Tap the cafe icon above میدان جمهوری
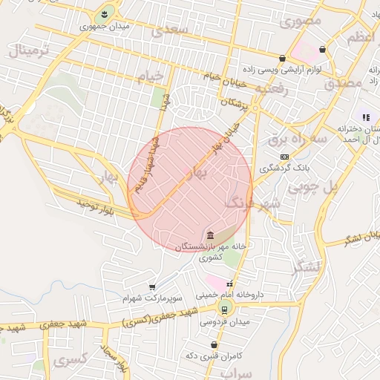pyautogui.click(x=104, y=13)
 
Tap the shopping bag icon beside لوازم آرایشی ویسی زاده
pyautogui.click(x=282, y=58)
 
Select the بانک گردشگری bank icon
pyautogui.click(x=285, y=157)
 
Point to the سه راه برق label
pyautogui.click(x=298, y=139)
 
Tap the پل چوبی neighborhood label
pyautogui.click(x=329, y=186)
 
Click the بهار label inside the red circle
pyautogui.click(x=200, y=171)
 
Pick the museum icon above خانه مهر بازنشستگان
pyautogui.click(x=212, y=235)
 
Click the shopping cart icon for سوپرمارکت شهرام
pyautogui.click(x=152, y=286)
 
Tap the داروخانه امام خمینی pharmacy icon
pyautogui.click(x=229, y=284)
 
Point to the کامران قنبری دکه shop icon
pyautogui.click(x=214, y=344)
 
